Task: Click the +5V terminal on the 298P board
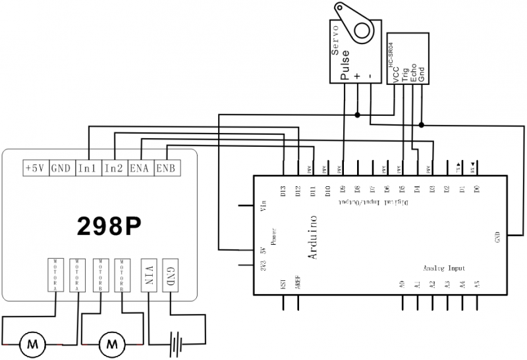34,168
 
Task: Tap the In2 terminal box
114,168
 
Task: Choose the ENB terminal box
165,168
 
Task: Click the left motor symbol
31,343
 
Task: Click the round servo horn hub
361,29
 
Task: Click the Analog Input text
444,268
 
